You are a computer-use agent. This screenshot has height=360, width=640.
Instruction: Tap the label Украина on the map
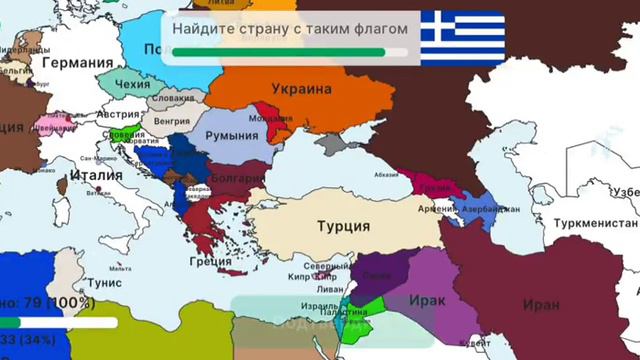tap(297, 88)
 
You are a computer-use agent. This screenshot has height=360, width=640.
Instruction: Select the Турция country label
tap(343, 226)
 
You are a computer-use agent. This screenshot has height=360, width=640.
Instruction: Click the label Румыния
tap(232, 135)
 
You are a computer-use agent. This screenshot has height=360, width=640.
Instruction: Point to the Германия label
tap(73, 62)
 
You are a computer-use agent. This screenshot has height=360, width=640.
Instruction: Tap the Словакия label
tap(173, 99)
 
